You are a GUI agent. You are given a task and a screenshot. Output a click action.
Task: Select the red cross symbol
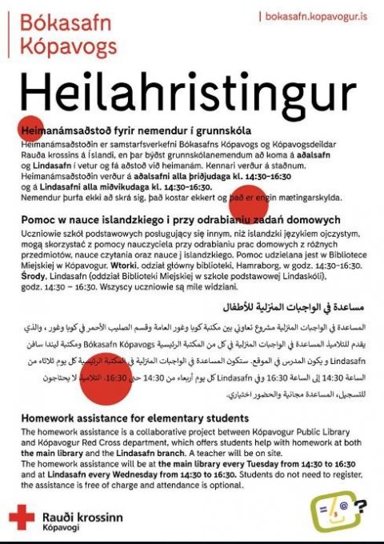click(x=22, y=518)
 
